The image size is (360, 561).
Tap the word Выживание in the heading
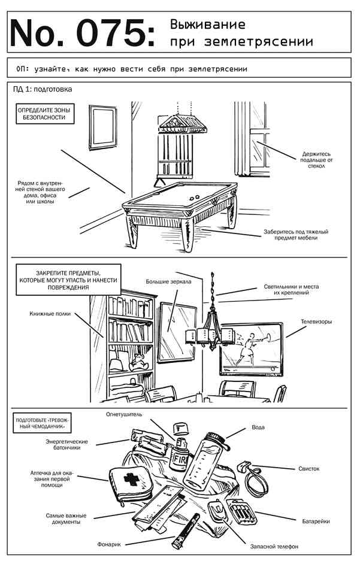pos(208,25)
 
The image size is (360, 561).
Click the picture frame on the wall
pos(102,127)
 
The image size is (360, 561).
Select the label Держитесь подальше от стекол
pos(316,160)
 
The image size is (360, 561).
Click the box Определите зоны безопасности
pos(45,114)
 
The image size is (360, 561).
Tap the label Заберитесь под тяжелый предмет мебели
pos(296,234)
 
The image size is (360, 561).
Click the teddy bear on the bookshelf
pos(138,362)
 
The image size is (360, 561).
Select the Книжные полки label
pos(50,314)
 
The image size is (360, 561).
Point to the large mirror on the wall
pos(177,332)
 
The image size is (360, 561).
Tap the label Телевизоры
pos(316,322)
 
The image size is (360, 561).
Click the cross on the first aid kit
pos(131,480)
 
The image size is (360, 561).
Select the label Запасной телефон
pos(274,546)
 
